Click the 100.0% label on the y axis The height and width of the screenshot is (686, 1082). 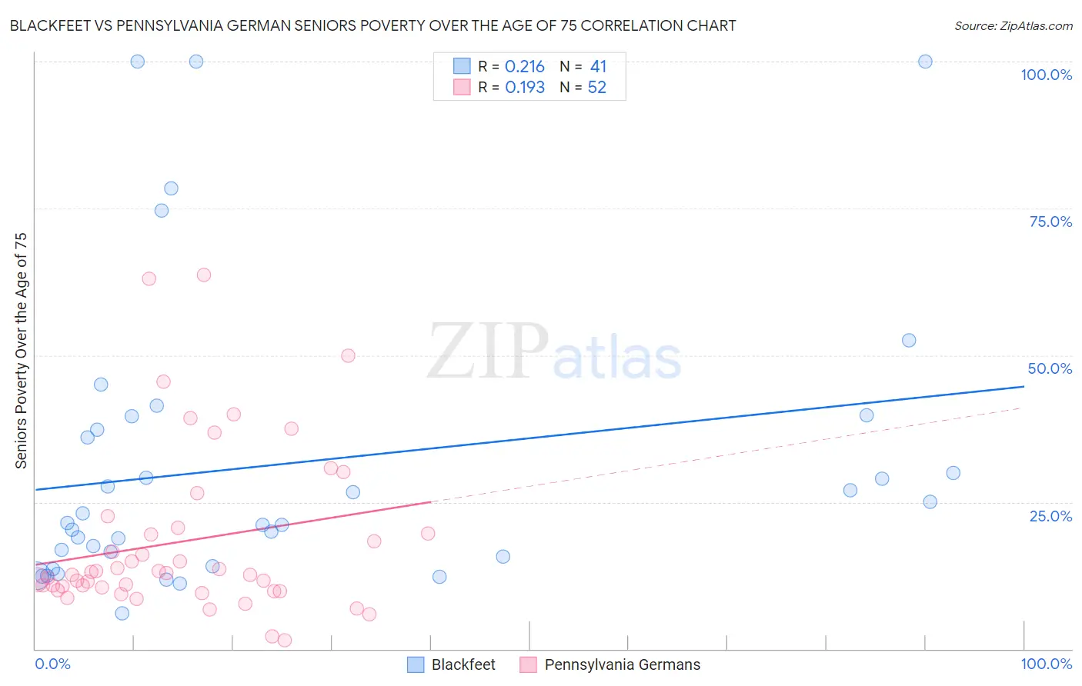pyautogui.click(x=1046, y=75)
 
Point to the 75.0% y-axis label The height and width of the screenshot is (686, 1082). pyautogui.click(x=1050, y=221)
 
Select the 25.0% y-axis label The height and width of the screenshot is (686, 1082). pyautogui.click(x=1050, y=516)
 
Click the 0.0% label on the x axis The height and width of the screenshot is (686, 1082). pyautogui.click(x=52, y=664)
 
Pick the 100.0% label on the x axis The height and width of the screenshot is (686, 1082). pyautogui.click(x=1046, y=664)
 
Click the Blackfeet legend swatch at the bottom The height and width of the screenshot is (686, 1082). pyautogui.click(x=416, y=664)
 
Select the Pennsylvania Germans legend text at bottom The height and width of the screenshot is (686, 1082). pyautogui.click(x=622, y=664)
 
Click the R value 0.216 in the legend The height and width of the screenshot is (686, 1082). pyautogui.click(x=525, y=67)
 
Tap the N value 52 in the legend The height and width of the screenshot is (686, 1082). pyautogui.click(x=597, y=88)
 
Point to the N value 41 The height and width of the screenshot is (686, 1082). pyautogui.click(x=598, y=67)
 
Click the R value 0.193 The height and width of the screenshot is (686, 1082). pyautogui.click(x=525, y=88)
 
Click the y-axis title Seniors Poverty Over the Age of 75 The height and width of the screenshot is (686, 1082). pyautogui.click(x=22, y=351)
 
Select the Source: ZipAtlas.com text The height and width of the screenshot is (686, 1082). pyautogui.click(x=1013, y=26)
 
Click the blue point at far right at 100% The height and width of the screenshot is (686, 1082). pyautogui.click(x=925, y=62)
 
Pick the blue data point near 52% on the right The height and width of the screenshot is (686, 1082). pyautogui.click(x=909, y=340)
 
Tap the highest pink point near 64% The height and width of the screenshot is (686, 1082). pyautogui.click(x=204, y=275)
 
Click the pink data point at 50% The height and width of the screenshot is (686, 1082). pyautogui.click(x=348, y=355)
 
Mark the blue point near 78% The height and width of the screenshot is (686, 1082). pyautogui.click(x=171, y=188)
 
